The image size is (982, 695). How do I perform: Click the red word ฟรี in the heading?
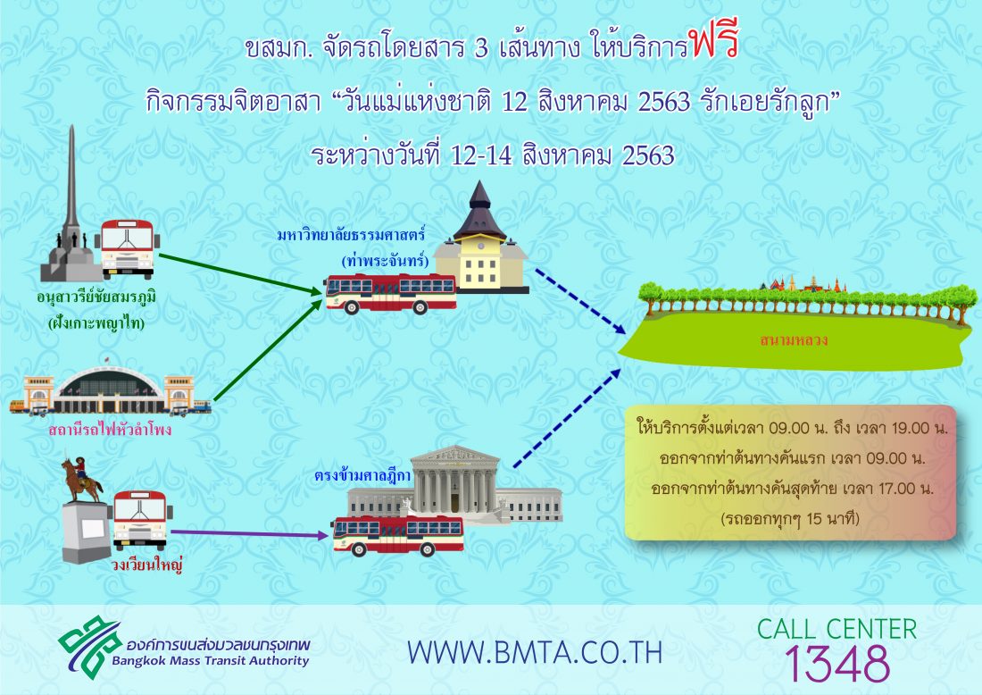click(x=714, y=41)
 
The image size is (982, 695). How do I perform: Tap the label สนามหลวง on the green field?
click(x=794, y=339)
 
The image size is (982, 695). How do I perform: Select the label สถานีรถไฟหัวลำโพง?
click(x=110, y=430)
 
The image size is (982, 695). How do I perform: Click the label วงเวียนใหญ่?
click(x=146, y=565)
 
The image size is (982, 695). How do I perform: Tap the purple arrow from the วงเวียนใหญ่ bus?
click(x=249, y=533)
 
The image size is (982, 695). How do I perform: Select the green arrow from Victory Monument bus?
click(x=240, y=274)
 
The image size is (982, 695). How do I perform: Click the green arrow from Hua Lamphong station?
click(x=268, y=349)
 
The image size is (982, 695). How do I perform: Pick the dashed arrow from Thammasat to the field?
click(x=580, y=301)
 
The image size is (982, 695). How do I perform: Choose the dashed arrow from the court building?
click(x=568, y=418)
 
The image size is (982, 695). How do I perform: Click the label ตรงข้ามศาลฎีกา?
click(x=362, y=475)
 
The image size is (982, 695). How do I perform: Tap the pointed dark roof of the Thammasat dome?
click(x=479, y=210)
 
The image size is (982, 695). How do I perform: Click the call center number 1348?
click(x=836, y=664)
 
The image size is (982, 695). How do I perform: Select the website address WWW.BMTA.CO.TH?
click(x=535, y=652)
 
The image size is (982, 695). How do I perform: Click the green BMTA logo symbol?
click(x=89, y=647)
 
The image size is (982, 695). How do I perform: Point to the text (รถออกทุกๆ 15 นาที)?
click(x=790, y=518)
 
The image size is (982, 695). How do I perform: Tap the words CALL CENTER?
click(x=836, y=629)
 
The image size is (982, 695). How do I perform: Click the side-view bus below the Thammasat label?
click(x=390, y=294)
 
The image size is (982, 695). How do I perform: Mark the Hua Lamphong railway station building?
click(x=110, y=390)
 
